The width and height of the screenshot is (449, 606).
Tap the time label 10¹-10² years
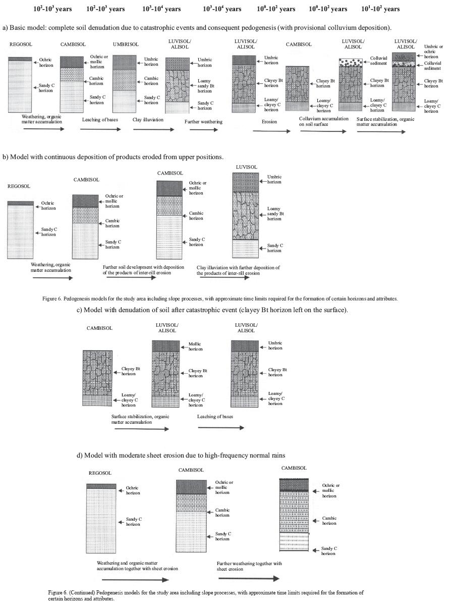tap(381, 9)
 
